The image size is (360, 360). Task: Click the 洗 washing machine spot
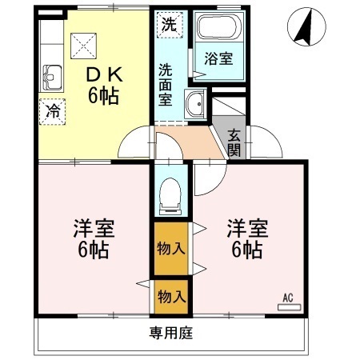click(x=169, y=24)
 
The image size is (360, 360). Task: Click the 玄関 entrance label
click(x=234, y=142)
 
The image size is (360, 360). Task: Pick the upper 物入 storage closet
click(x=170, y=247)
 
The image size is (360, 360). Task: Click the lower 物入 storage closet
click(x=170, y=297)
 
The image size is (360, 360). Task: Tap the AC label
click(x=287, y=299)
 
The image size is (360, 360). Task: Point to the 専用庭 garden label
click(x=170, y=332)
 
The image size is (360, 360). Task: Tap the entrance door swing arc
click(x=270, y=146)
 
